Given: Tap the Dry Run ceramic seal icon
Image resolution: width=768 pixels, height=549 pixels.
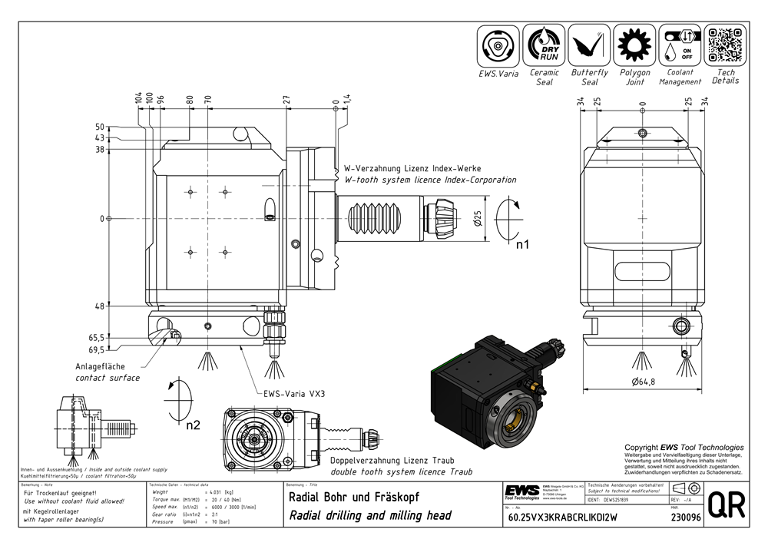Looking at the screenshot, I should tap(545, 45).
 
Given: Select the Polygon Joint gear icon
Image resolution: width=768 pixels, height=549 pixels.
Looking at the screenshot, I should tap(634, 45).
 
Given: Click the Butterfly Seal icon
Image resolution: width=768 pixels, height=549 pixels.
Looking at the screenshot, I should tap(589, 45).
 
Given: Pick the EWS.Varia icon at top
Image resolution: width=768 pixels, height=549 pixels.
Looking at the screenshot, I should tap(499, 45).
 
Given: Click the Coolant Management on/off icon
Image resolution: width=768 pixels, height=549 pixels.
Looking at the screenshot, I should tap(680, 45).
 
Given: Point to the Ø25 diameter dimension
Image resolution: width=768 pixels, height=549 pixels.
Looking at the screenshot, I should tap(477, 220).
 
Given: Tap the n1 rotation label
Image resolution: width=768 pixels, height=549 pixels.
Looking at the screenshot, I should tap(525, 246).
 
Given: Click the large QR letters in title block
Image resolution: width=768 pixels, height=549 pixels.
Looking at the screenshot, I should tap(723, 505).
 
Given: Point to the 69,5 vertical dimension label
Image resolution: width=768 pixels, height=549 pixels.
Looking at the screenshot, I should tap(96, 349).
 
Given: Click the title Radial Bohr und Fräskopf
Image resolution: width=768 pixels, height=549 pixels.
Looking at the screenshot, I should tap(353, 497).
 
